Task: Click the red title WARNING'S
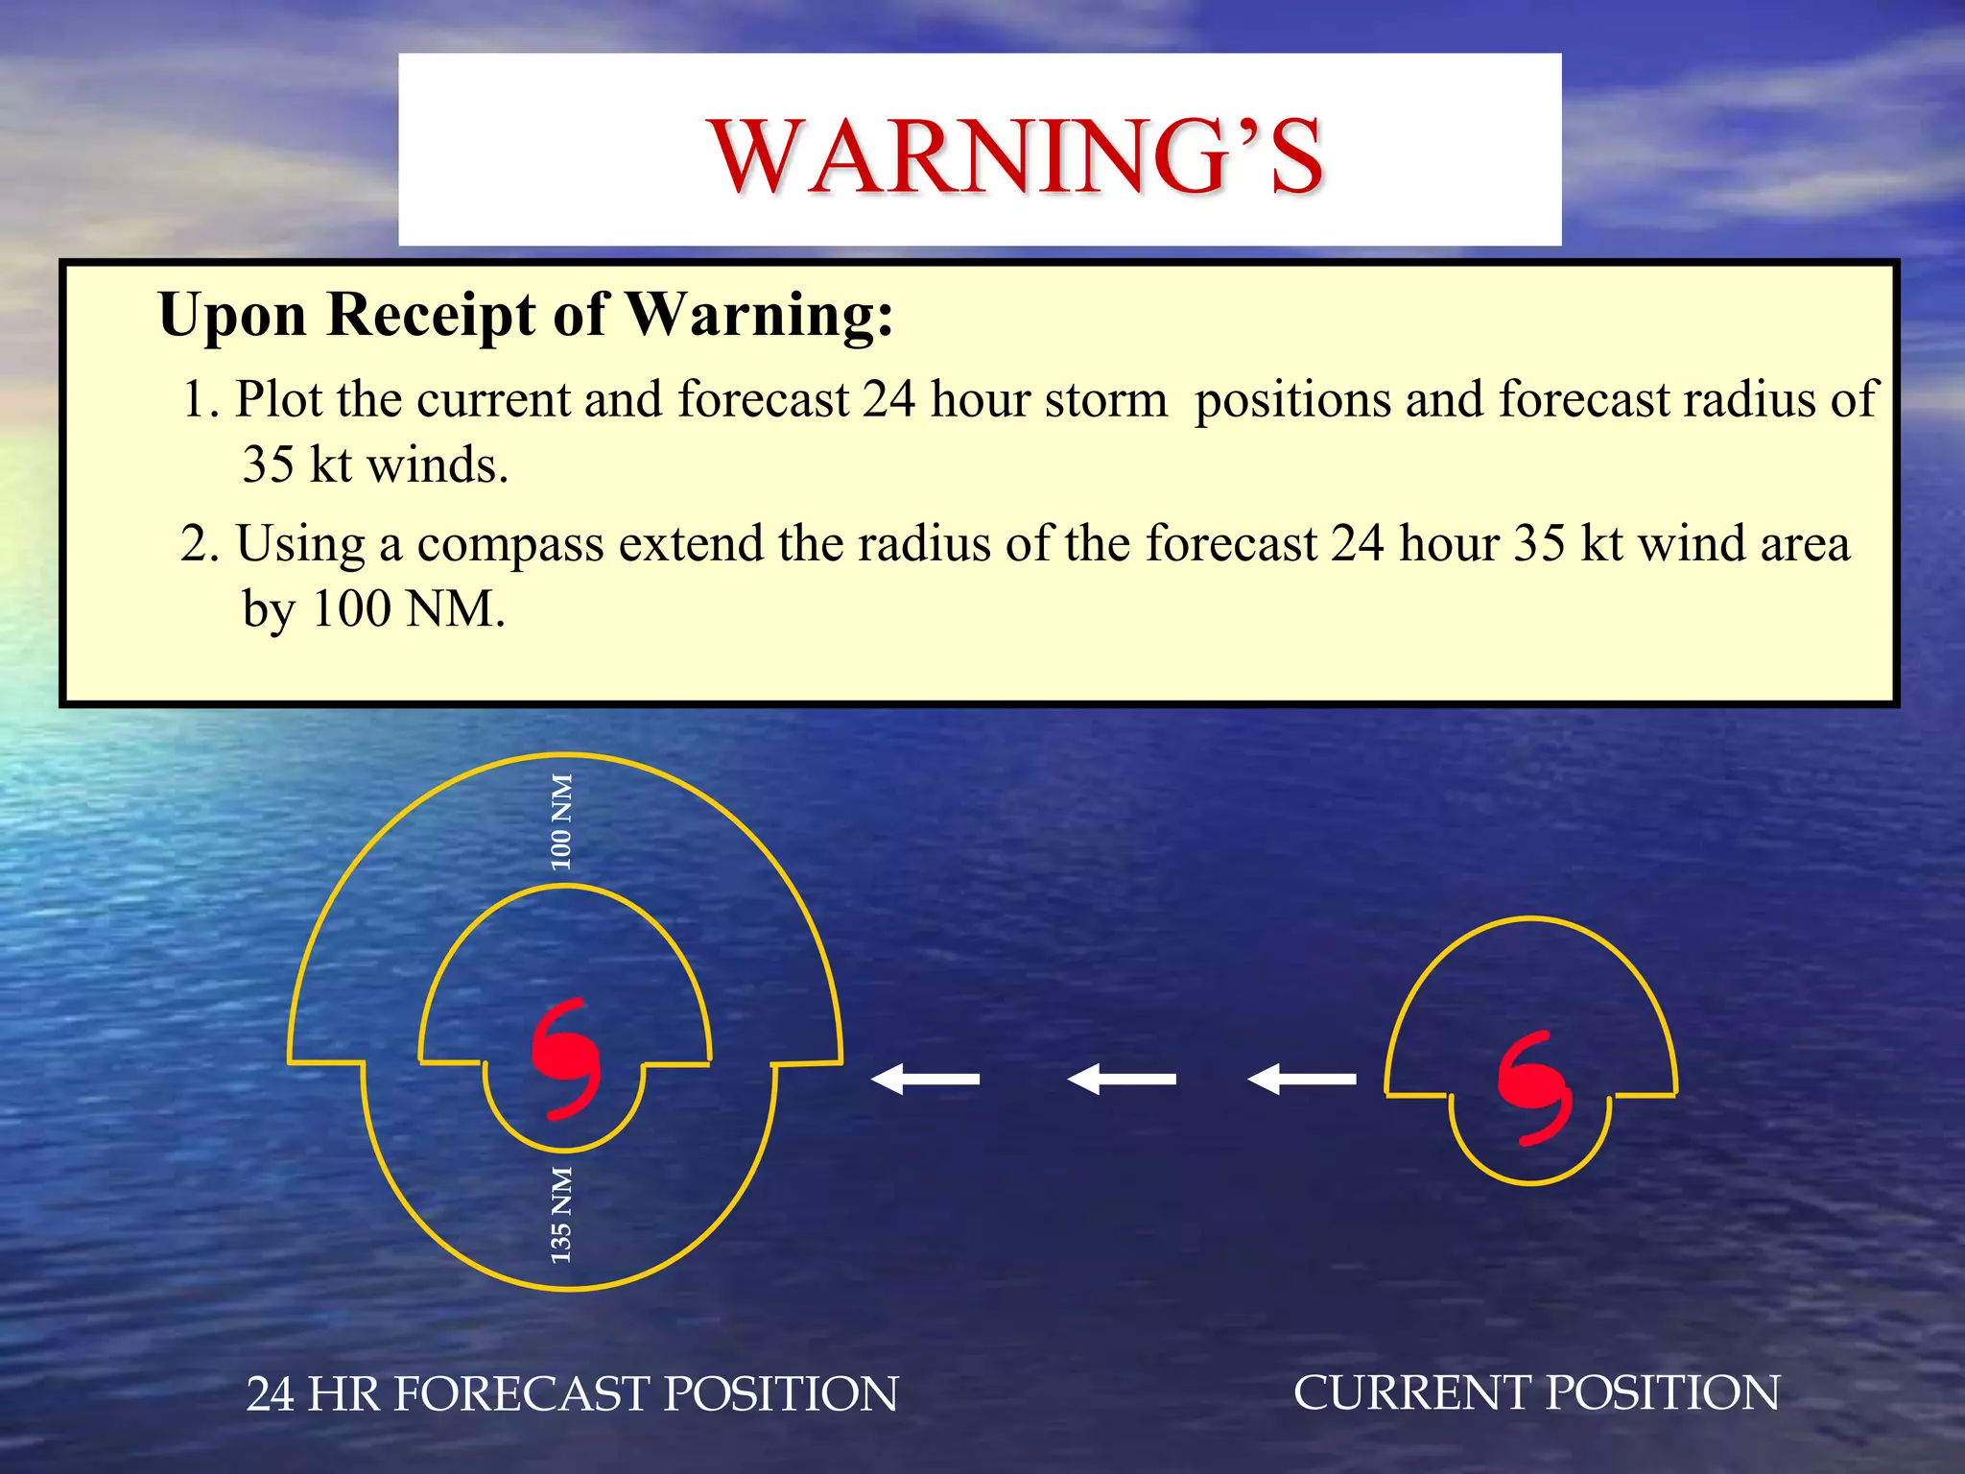[1017, 155]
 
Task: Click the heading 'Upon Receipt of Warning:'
[526, 315]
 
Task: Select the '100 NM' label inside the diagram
[561, 821]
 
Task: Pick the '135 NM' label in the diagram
[561, 1214]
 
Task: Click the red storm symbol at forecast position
[566, 1058]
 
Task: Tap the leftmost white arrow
[925, 1079]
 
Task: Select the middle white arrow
[1122, 1079]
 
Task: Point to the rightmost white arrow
[1302, 1079]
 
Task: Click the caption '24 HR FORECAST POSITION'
[572, 1394]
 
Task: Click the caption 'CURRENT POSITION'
[1536, 1392]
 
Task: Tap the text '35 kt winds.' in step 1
[375, 465]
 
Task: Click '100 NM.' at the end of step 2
[409, 608]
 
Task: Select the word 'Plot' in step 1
[278, 399]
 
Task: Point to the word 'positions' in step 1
[1292, 401]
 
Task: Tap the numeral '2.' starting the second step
[200, 544]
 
